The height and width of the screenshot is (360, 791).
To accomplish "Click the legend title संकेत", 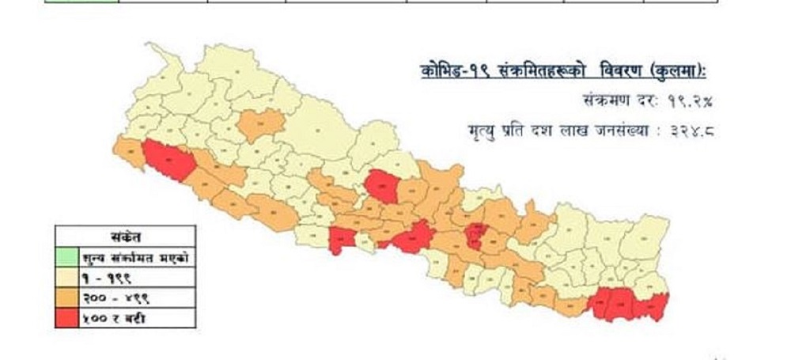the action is (125, 236).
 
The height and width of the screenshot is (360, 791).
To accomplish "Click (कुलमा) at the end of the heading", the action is (676, 71).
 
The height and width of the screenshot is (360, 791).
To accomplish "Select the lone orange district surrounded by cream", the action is (260, 124).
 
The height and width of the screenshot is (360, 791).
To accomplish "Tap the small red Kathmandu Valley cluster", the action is (475, 235).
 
